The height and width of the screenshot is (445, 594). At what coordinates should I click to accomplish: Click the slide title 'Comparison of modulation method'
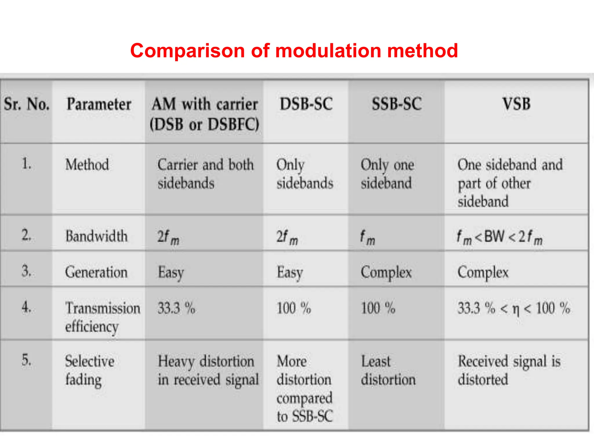[294, 51]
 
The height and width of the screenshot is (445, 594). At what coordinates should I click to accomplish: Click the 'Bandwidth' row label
[96, 236]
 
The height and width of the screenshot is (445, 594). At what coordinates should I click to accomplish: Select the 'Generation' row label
[96, 272]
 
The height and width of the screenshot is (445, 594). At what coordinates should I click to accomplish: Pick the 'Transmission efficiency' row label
[102, 317]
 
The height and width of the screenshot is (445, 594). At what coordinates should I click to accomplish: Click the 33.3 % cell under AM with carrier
[176, 308]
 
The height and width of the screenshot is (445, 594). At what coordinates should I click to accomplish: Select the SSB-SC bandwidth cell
[367, 238]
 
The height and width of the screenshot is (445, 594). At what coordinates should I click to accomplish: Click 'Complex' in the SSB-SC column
[386, 272]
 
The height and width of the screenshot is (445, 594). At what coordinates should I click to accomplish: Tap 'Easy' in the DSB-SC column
[290, 272]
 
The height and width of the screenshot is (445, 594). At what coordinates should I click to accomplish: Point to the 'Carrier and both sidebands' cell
[205, 174]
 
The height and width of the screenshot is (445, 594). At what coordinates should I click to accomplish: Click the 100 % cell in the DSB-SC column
[294, 308]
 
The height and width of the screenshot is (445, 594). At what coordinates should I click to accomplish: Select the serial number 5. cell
[26, 360]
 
